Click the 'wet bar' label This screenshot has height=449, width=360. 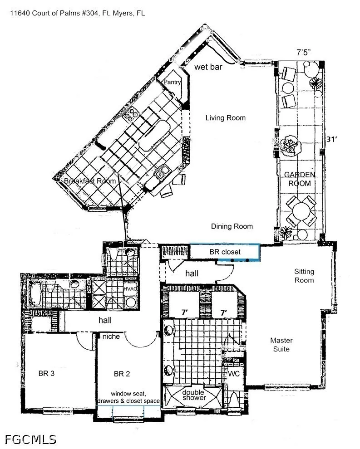[208, 67]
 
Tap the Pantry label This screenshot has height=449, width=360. [172, 82]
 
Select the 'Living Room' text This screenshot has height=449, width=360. [226, 117]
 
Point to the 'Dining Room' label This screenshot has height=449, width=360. [232, 226]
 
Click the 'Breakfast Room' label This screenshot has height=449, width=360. [90, 181]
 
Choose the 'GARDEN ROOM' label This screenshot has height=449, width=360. [300, 179]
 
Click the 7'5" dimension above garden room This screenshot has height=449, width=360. [304, 53]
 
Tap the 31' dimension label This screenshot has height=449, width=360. [331, 139]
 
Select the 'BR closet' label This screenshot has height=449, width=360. [225, 252]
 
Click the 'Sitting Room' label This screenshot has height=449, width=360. [304, 276]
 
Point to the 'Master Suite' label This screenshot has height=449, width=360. [281, 345]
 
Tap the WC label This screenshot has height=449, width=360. [234, 374]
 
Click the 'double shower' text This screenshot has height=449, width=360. [194, 395]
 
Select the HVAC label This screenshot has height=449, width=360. [130, 288]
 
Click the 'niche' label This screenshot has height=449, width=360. [111, 337]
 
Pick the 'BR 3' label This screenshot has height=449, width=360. [46, 373]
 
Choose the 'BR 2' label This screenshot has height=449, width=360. [122, 374]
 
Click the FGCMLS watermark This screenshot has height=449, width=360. [30, 439]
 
